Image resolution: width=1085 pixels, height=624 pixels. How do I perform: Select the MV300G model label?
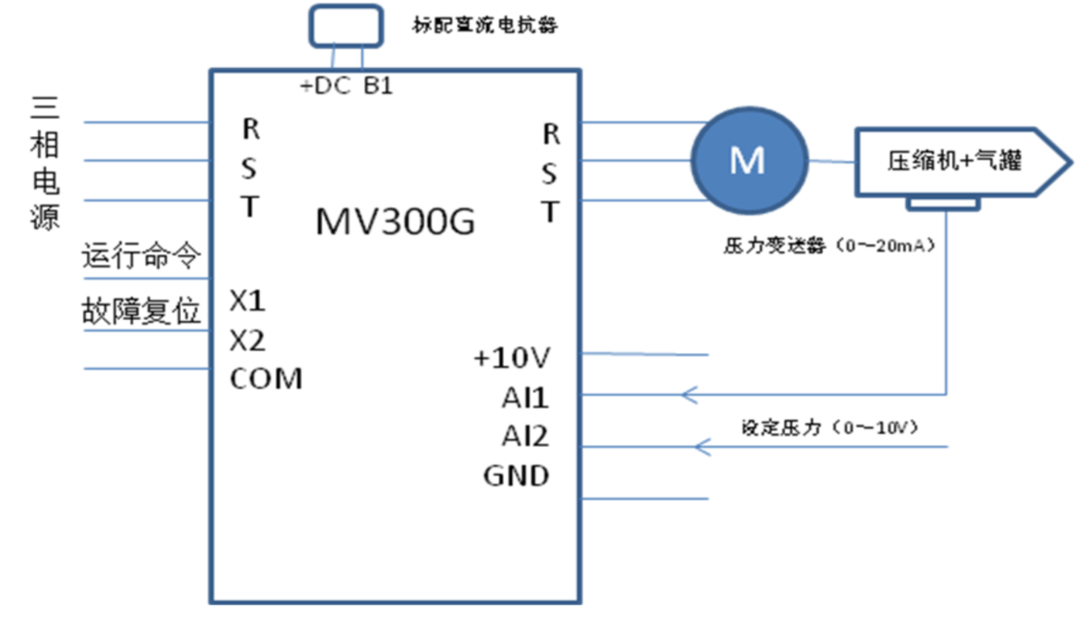396,221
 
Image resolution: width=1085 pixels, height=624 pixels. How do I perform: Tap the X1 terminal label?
247,301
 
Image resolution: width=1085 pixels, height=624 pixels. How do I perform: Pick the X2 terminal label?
247,341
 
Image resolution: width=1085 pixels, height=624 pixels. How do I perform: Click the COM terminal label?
266,379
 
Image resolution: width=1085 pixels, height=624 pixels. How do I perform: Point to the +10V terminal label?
512,359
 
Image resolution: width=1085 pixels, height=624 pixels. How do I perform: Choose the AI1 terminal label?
525,398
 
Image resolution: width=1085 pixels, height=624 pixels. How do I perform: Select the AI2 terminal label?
525,436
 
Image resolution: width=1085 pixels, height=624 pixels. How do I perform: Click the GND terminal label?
516,477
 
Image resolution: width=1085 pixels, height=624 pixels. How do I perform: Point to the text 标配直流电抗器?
484,25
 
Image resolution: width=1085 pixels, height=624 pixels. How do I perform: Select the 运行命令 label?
141,257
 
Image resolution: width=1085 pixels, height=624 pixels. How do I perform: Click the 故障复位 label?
141,312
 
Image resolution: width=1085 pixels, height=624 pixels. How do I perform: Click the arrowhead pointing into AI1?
688,396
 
